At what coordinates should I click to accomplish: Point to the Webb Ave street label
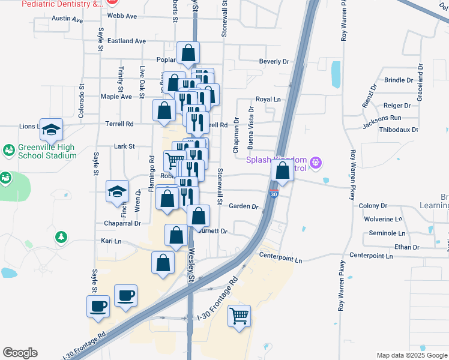click(119, 15)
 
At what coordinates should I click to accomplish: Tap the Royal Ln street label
click(268, 99)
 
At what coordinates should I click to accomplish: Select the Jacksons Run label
click(382, 118)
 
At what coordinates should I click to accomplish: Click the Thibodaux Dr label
click(399, 129)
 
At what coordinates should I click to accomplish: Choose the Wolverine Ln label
click(385, 219)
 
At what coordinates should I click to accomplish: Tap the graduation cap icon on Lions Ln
click(52, 128)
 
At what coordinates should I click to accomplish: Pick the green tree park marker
click(61, 238)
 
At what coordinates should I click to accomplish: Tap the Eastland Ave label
click(126, 41)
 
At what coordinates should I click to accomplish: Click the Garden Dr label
click(243, 206)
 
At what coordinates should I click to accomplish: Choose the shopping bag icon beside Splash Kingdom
click(282, 171)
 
